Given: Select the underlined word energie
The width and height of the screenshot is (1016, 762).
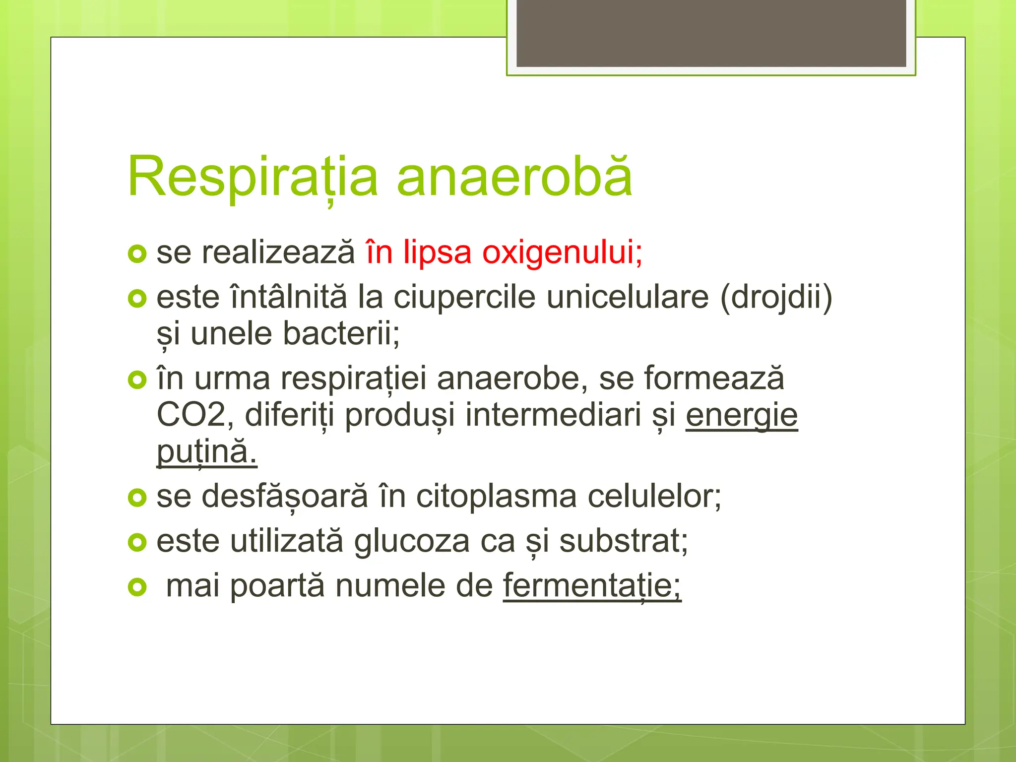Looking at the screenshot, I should coord(742,415).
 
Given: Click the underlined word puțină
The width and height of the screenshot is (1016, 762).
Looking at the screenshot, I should coord(206,451).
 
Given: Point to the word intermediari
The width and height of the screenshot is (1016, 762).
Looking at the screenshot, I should coord(553,415).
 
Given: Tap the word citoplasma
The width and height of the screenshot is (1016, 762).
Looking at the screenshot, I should coord(496,496).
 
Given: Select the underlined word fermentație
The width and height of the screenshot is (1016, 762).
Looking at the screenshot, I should coord(592,586).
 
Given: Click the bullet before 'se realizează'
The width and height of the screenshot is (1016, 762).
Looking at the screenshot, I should coord(137,254).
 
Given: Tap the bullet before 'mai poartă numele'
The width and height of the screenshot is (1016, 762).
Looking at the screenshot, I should coord(137,587).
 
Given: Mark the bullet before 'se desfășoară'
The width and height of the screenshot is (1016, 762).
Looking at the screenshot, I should coord(137,498).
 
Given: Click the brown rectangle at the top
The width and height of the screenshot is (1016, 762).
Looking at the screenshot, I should coord(711,33).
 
